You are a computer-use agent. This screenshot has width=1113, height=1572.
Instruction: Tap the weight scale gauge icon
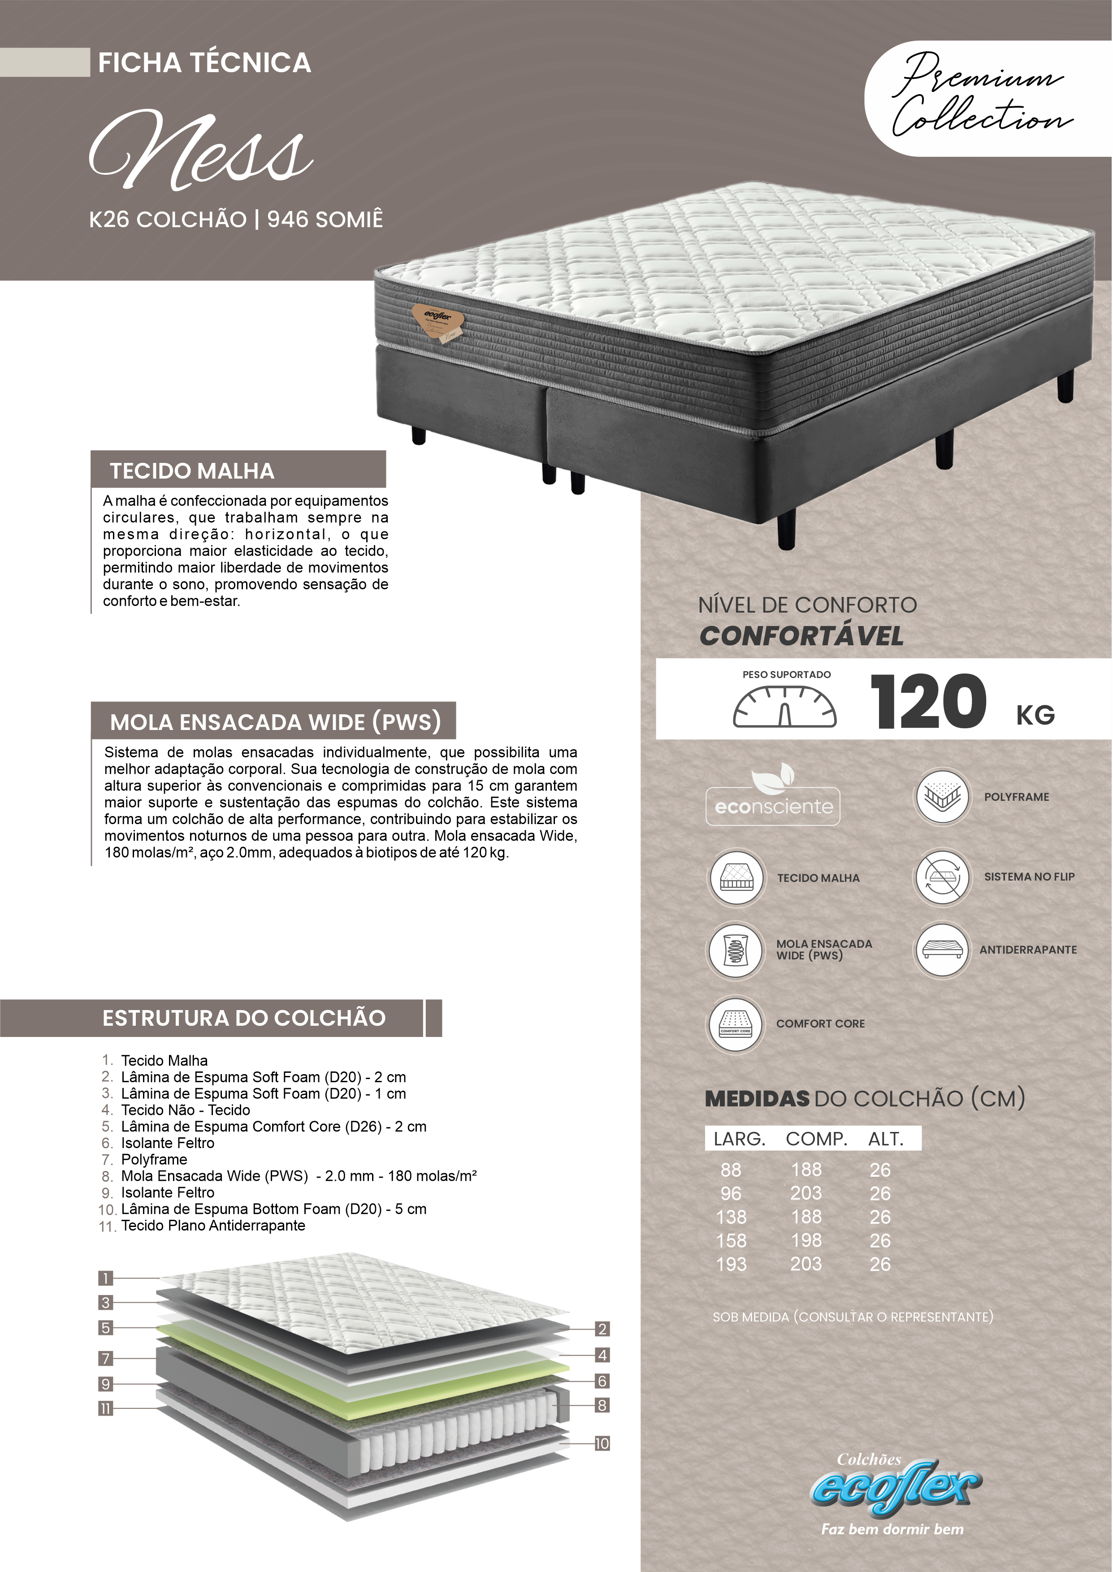785,707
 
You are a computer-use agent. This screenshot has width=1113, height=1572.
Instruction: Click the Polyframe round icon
942,796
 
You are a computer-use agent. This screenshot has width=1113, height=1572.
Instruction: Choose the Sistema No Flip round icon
942,877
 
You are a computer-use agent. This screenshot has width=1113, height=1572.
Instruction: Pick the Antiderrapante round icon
942,950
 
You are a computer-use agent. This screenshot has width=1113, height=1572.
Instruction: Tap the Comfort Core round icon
736,1024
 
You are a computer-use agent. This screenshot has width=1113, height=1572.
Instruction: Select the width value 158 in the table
731,1240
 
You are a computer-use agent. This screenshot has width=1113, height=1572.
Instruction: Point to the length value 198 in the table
806,1240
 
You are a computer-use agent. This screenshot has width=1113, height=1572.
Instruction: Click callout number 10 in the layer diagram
602,1444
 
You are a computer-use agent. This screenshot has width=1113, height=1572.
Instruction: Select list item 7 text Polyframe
154,1160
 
